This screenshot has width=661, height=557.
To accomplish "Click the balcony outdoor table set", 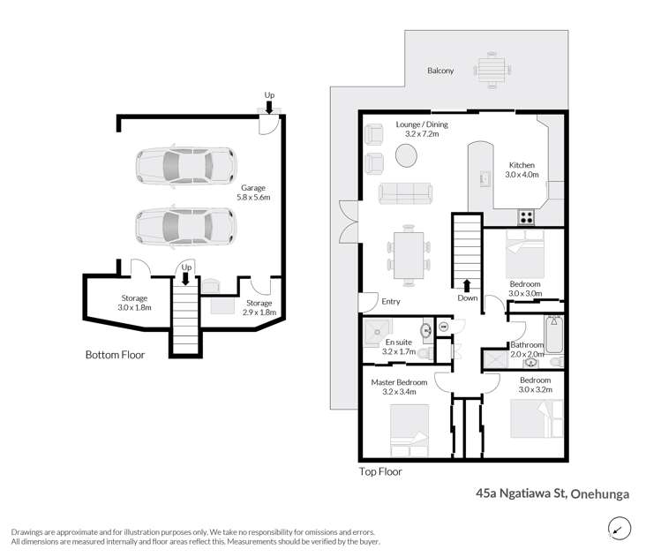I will (x=489, y=67).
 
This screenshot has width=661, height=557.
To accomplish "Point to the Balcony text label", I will (x=440, y=71).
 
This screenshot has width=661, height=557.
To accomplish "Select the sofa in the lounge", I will (x=405, y=192).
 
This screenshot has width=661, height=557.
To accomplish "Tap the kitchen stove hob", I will (x=527, y=215).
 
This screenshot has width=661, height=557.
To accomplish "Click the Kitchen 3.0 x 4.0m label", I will (x=522, y=170).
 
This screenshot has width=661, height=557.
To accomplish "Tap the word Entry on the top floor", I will (x=390, y=302).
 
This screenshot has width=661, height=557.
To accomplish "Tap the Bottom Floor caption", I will (x=115, y=355).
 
